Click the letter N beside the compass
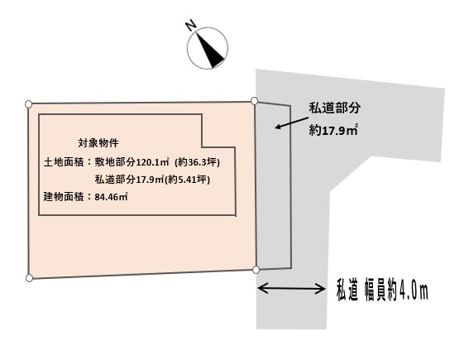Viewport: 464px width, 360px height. (x=191, y=25)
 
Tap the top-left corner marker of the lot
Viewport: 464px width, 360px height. (x=28, y=104)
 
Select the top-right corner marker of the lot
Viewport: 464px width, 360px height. (x=254, y=101)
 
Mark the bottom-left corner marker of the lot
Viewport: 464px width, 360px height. (x=29, y=278)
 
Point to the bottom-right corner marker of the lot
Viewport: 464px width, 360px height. (x=256, y=270)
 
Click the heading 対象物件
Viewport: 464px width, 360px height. (x=98, y=143)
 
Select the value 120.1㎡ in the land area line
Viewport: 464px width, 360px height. (x=152, y=162)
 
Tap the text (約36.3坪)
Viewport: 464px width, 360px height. (x=198, y=162)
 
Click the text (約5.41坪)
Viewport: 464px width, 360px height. (x=187, y=180)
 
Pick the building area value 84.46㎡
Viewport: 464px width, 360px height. (x=111, y=197)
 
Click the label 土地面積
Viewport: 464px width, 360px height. (x=64, y=162)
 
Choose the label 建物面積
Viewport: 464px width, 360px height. (x=64, y=197)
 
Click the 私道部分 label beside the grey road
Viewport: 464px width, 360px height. (x=334, y=108)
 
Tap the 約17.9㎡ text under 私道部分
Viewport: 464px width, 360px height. (x=333, y=130)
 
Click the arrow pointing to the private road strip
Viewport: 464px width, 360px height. (x=292, y=122)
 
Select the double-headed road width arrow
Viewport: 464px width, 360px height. (x=291, y=288)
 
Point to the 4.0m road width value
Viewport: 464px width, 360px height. (x=414, y=290)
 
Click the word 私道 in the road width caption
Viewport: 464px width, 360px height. (x=347, y=290)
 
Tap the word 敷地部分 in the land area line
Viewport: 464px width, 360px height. (x=115, y=162)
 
